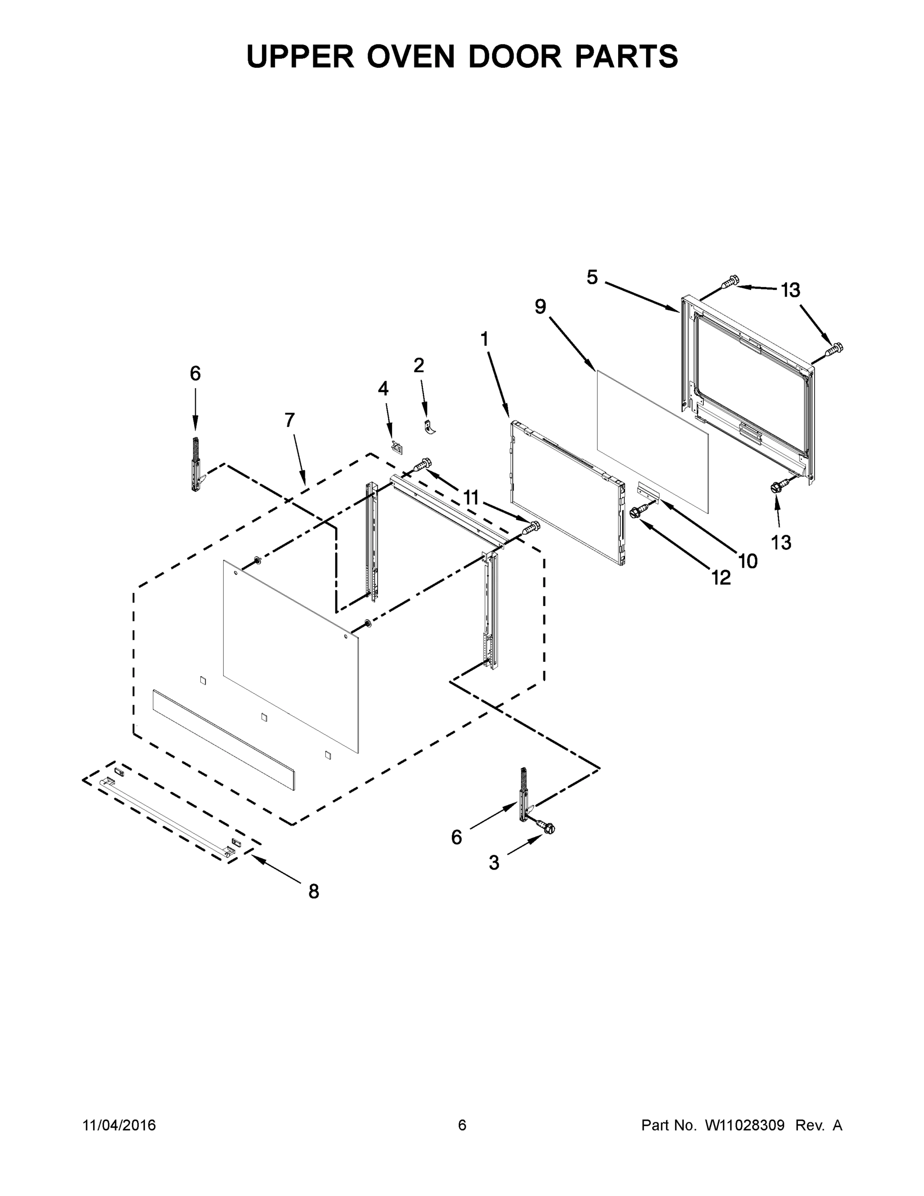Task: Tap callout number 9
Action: (x=540, y=306)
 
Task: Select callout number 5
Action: (x=592, y=278)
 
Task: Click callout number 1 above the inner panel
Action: (x=484, y=339)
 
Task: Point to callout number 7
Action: (x=289, y=420)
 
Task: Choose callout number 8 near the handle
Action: (x=313, y=892)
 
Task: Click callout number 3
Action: (x=494, y=864)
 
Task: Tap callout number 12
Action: (x=721, y=577)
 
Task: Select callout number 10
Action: (x=748, y=561)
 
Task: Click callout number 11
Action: (x=471, y=498)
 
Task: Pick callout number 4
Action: (x=383, y=388)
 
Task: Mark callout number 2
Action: (x=418, y=365)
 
